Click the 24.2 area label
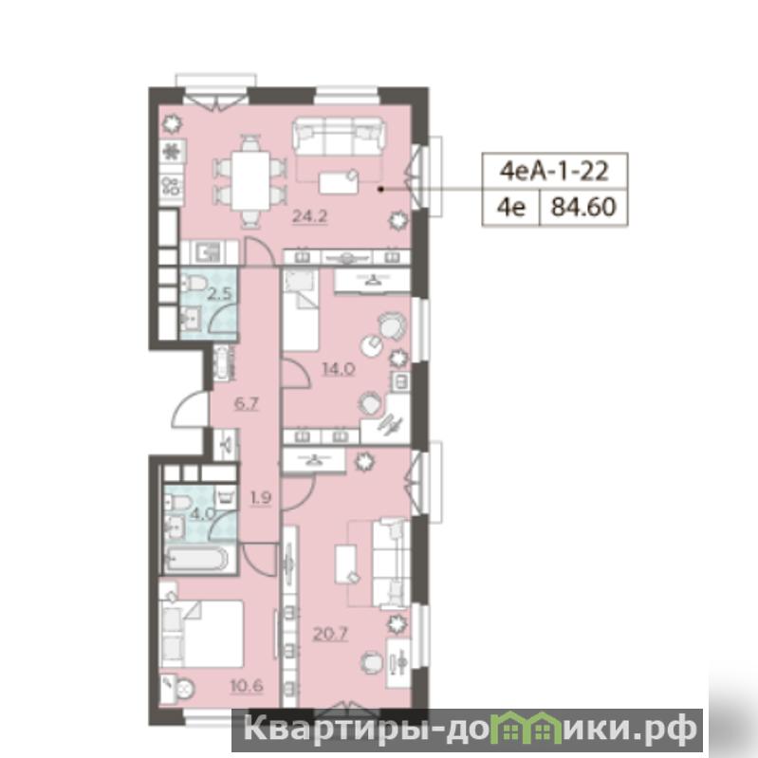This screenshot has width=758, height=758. pos(310,216)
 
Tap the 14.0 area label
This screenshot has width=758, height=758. pos(339,370)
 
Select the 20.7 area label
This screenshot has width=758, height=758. pos(330,634)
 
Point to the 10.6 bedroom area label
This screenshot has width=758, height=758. pos(247,686)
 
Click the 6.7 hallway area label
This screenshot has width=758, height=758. pos(246,403)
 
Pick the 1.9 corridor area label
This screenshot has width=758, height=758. pos(261,497)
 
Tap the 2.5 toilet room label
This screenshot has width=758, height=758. pos(220,293)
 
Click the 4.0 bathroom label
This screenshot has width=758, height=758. pos(203,513)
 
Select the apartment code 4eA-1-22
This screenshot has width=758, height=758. pos(554,171)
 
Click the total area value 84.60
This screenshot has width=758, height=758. pos(584,207)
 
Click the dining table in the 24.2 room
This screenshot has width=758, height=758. pos(250,180)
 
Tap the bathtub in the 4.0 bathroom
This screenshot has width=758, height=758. pos(196,560)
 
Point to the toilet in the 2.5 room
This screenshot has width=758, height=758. pos(194,284)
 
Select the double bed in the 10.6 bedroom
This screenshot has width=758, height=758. pos(201,634)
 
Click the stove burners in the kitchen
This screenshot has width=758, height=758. pos(171,186)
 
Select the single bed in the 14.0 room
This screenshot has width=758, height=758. pos(301,310)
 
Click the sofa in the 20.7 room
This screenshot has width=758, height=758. pos(391,564)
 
